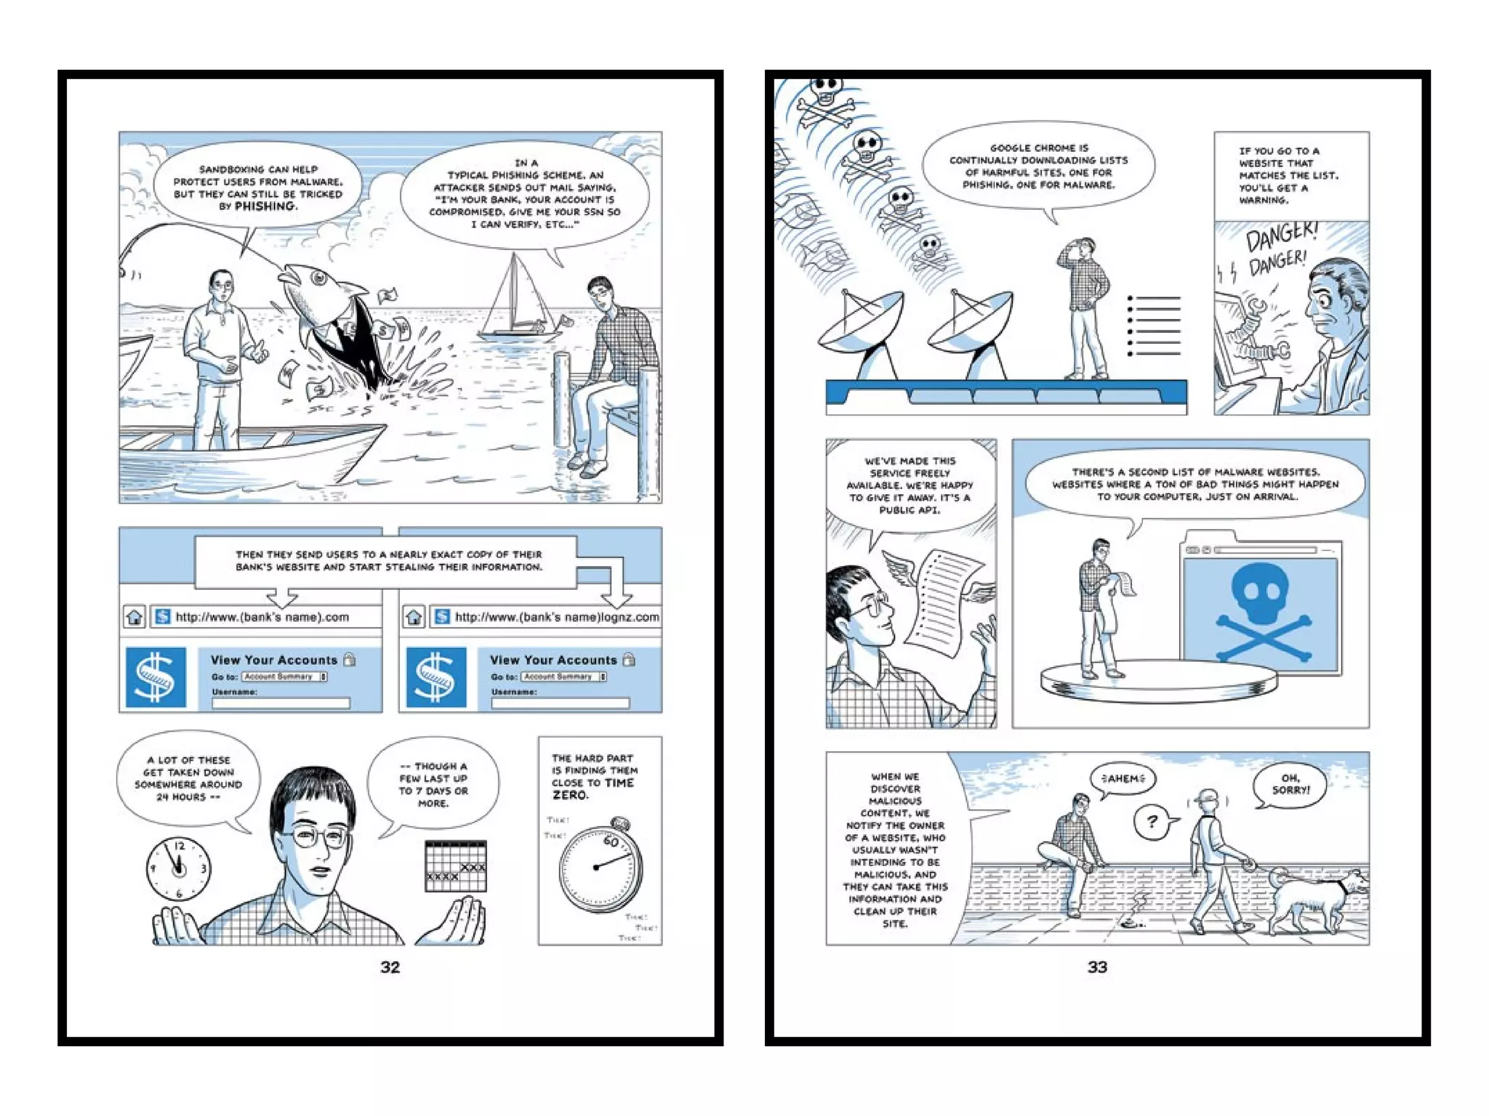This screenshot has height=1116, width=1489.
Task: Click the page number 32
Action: (x=390, y=967)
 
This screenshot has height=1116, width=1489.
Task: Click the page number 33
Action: (x=1097, y=967)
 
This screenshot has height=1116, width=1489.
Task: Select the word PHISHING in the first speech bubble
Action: (x=265, y=206)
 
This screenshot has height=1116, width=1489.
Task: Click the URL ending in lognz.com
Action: (x=556, y=617)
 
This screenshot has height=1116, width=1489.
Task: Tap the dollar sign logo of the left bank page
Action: (x=156, y=677)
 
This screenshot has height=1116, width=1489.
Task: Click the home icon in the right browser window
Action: (x=414, y=617)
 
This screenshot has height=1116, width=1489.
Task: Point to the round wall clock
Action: (x=178, y=868)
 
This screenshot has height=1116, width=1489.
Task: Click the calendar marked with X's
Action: (x=455, y=865)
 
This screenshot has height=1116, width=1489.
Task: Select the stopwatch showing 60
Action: (x=601, y=869)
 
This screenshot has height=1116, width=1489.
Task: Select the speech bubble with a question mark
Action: (x=1153, y=822)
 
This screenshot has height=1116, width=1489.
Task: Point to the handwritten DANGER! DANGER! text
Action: (x=1278, y=251)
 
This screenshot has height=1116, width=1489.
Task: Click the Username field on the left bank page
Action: (x=281, y=703)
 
